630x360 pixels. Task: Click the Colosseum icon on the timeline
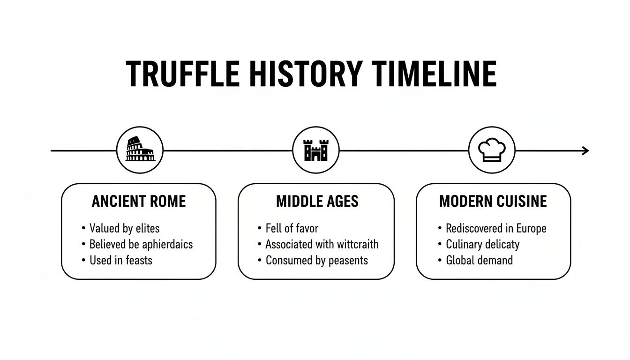139,150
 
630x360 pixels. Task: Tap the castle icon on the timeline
315,150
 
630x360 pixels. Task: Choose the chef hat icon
492,150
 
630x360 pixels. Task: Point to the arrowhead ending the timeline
585,150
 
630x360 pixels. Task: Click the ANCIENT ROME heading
139,202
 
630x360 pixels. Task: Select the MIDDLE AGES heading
317,202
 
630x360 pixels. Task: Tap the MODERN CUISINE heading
493,202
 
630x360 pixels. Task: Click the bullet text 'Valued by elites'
124,229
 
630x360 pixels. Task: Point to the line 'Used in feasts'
121,260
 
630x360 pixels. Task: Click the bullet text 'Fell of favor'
292,229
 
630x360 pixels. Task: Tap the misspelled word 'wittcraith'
358,244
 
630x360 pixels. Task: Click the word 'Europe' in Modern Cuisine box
531,229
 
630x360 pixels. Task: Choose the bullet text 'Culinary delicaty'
482,244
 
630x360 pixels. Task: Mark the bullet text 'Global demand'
479,260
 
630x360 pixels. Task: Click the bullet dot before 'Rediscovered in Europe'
440,229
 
